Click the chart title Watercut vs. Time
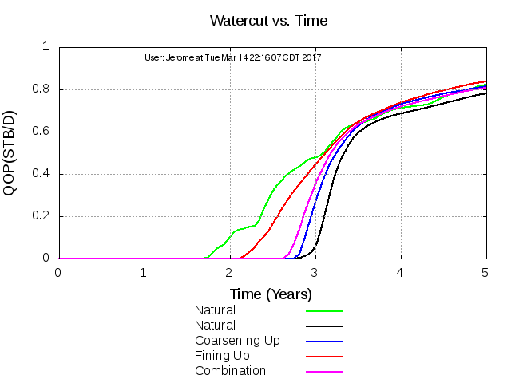tap(268, 19)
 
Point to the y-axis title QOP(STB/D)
tap(14, 152)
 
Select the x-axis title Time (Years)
tap(271, 294)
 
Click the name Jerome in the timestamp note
tap(180, 57)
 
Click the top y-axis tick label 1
tap(46, 47)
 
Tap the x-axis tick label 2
tap(229, 273)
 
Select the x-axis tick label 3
tap(315, 273)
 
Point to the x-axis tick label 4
tap(400, 273)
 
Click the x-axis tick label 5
tap(485, 273)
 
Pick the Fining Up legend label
tap(223, 356)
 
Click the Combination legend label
tap(230, 371)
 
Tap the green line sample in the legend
tap(324, 310)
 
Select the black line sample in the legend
tap(324, 326)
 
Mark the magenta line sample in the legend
tap(324, 371)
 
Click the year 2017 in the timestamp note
tap(312, 57)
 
